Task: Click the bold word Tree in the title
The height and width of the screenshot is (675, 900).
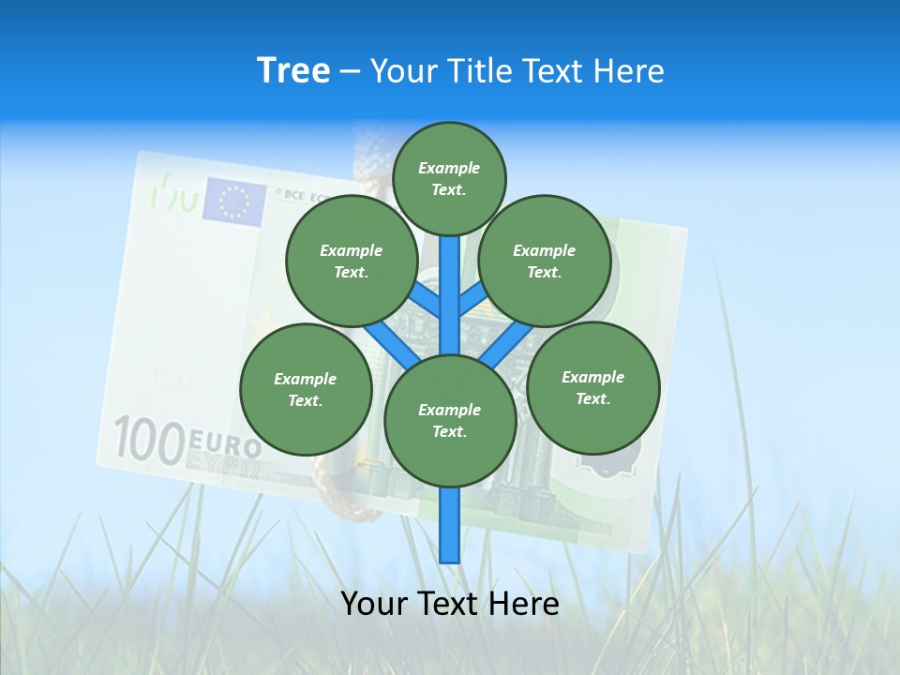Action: (293, 71)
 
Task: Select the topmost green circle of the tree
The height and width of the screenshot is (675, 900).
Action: (449, 178)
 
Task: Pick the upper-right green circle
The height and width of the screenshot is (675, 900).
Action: (545, 261)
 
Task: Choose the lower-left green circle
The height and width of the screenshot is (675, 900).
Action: (306, 389)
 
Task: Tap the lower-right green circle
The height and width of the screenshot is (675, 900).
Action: (592, 387)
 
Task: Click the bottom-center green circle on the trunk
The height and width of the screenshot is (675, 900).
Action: (450, 420)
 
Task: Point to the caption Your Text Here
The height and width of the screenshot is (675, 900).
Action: (449, 604)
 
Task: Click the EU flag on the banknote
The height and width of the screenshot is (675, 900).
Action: (234, 201)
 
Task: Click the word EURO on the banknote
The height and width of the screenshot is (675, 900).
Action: (225, 442)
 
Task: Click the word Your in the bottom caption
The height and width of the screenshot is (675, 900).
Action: (372, 604)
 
